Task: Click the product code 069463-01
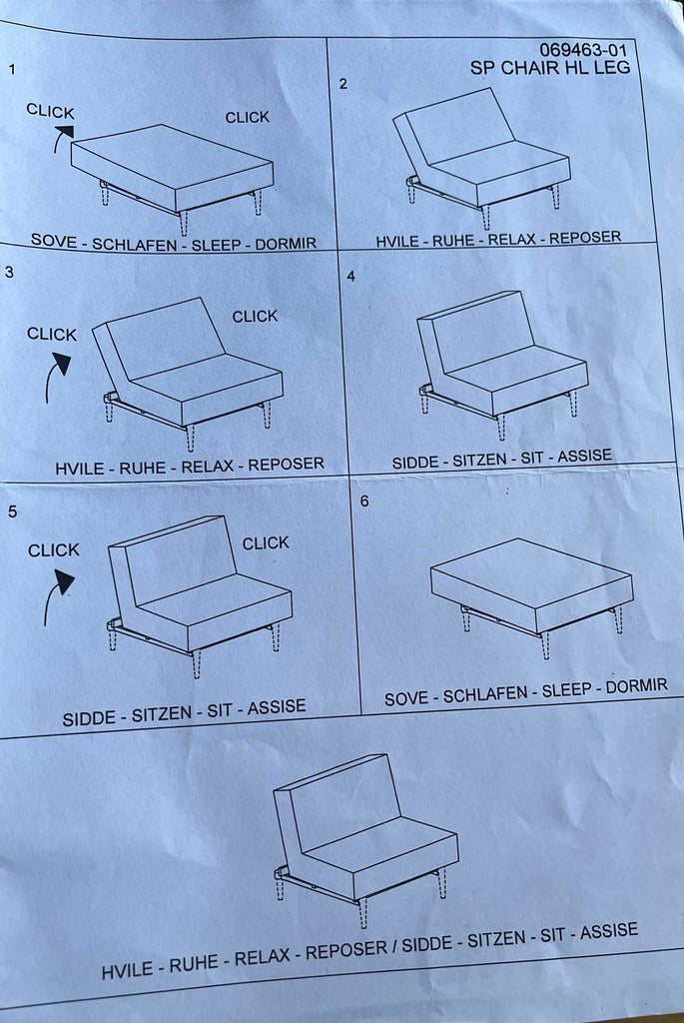(x=583, y=50)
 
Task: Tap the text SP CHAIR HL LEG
(x=549, y=67)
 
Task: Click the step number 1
(x=12, y=69)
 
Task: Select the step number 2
(x=343, y=84)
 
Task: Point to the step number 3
(x=9, y=272)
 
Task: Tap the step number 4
(x=350, y=276)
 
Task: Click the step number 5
(x=12, y=511)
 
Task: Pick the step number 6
(x=364, y=501)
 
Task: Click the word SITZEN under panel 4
(x=480, y=460)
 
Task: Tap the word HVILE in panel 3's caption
(x=79, y=469)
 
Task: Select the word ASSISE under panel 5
(x=277, y=707)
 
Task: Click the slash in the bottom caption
(x=393, y=947)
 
